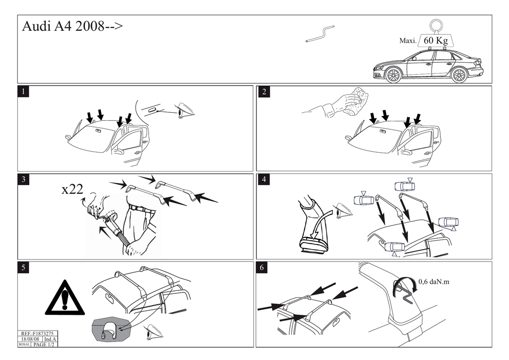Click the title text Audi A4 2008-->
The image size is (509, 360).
(72, 27)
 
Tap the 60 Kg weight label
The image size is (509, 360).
(435, 40)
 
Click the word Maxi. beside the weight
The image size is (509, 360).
(408, 41)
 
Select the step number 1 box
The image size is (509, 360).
(23, 91)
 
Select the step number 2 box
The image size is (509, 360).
(263, 91)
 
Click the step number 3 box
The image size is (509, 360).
(23, 180)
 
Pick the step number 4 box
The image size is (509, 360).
(263, 180)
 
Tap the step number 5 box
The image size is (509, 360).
(23, 268)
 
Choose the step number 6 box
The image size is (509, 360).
(263, 268)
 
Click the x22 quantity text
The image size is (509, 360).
(72, 189)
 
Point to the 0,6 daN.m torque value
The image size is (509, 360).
(433, 282)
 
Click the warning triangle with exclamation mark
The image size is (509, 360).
(65, 298)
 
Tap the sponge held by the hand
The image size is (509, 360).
(357, 99)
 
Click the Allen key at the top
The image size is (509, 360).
(321, 34)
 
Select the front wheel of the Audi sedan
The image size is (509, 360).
(393, 75)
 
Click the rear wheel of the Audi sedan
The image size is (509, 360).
(459, 75)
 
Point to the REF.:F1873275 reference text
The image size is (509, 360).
(38, 334)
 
